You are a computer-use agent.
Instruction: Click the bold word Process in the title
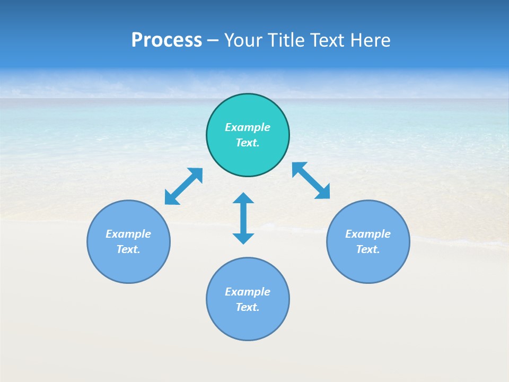tap(166, 40)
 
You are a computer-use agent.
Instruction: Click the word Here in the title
tap(371, 40)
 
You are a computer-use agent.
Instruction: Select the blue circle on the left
tap(128, 265)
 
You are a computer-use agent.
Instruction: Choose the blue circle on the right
tap(368, 265)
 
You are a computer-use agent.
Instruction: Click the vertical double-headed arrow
tap(243, 218)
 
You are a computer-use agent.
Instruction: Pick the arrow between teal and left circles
tap(183, 186)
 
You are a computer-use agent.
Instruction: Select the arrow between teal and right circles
tap(311, 180)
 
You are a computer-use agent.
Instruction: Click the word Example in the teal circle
tap(248, 127)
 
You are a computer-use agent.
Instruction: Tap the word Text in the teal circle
tap(248, 143)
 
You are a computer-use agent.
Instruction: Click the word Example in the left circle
tap(128, 234)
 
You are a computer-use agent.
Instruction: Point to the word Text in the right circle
tap(368, 249)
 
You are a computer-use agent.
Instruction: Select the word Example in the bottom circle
tap(248, 292)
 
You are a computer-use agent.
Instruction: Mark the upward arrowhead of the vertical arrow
tap(243, 198)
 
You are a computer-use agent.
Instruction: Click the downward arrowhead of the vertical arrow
tap(243, 238)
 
